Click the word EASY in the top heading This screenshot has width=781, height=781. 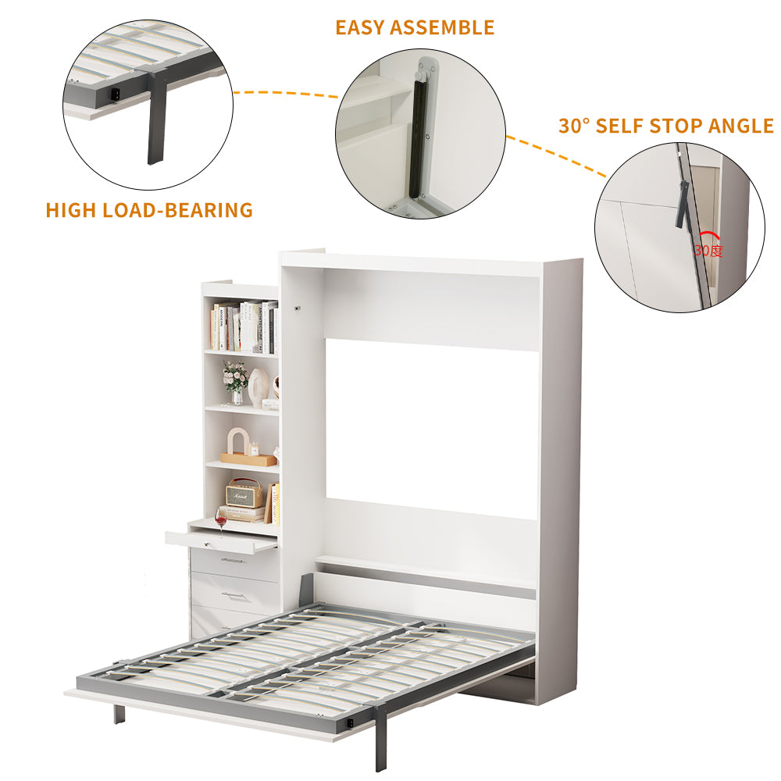pos(360,27)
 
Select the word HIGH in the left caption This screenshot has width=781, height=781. pos(70,210)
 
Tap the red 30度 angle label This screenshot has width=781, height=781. pos(708,251)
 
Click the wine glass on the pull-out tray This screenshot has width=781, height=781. pos(221,519)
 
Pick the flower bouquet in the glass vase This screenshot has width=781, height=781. pos(235,380)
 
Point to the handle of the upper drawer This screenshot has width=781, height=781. pos(233,560)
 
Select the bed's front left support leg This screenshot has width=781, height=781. pos(119,712)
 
